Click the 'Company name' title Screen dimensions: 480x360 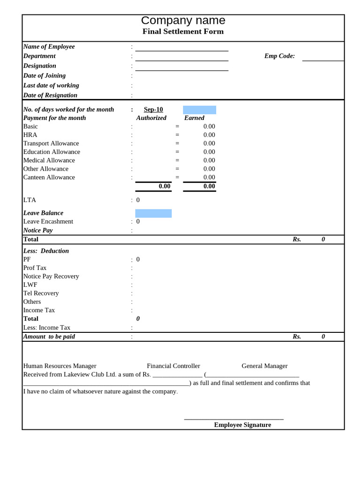point(183,21)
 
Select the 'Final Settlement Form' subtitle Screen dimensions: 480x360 point(183,31)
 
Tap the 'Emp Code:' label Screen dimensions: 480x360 point(279,56)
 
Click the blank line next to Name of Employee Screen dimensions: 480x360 point(182,48)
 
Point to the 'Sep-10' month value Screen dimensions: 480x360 point(153,110)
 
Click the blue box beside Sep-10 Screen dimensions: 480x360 point(199,110)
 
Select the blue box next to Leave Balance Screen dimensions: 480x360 point(153,213)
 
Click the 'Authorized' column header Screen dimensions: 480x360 point(151,118)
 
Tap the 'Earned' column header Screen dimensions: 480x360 point(194,118)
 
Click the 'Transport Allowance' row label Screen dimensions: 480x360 point(51,143)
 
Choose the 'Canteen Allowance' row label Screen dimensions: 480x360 point(49,177)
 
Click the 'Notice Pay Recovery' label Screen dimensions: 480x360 point(51,277)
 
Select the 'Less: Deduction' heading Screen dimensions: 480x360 point(46,251)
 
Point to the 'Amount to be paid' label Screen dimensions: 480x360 point(49,337)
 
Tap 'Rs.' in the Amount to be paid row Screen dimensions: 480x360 point(297,337)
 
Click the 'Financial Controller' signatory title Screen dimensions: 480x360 point(173,366)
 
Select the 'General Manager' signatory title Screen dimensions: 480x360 point(264,366)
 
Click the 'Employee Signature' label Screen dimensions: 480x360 point(242,425)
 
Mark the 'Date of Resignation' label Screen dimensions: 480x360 point(50,95)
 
